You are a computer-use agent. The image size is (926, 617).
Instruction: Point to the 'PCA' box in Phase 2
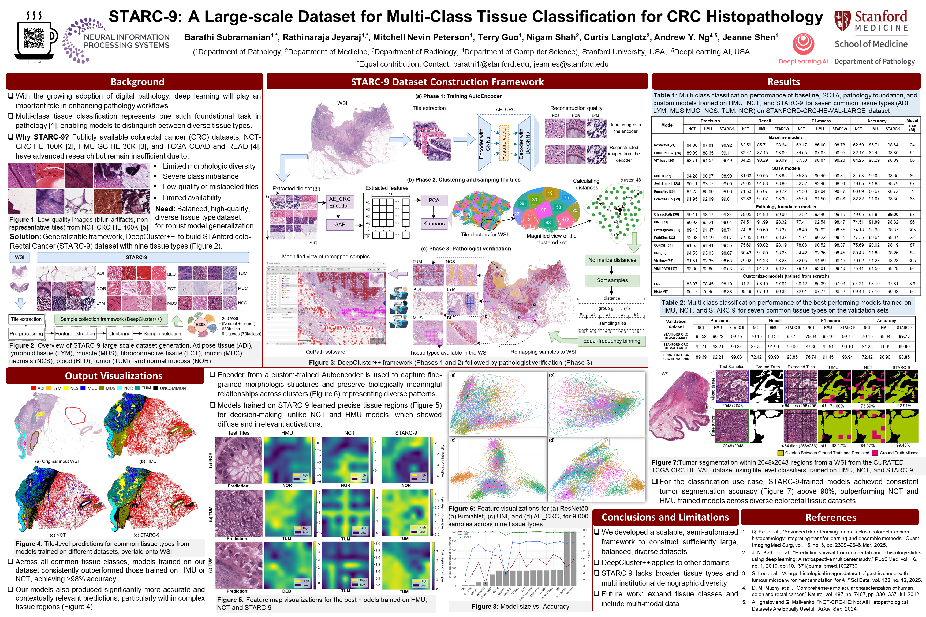tap(434, 200)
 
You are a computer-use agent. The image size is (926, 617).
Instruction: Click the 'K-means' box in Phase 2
tap(434, 224)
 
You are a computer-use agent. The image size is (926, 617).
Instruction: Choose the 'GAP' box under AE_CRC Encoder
tap(340, 224)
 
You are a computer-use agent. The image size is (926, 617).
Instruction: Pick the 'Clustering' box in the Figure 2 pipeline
tap(119, 334)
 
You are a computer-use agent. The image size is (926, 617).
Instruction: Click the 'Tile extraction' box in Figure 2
tap(26, 319)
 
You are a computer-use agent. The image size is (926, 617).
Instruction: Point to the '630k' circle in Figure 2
tap(201, 325)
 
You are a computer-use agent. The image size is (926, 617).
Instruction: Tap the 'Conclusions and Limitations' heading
tap(665, 517)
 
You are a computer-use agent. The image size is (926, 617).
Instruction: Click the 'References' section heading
tap(831, 517)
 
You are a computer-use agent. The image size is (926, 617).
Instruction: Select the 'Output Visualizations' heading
tap(114, 376)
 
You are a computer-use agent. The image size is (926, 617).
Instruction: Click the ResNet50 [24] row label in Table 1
tap(664, 145)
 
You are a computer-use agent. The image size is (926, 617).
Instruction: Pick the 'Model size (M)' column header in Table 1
tap(912, 125)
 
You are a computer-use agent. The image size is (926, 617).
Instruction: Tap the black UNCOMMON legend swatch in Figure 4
tap(156, 388)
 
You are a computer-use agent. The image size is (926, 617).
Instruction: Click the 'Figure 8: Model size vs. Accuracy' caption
tap(520, 606)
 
